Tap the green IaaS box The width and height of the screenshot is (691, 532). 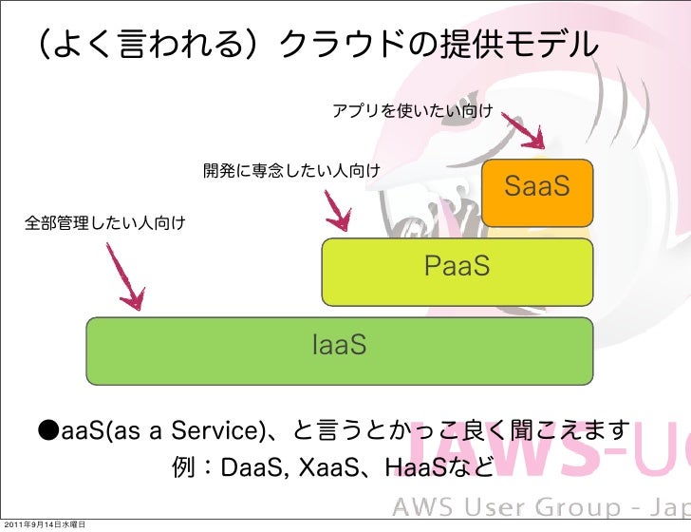pyautogui.click(x=340, y=349)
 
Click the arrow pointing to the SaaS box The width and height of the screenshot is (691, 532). pyautogui.click(x=523, y=129)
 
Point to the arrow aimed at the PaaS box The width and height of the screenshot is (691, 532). pyautogui.click(x=337, y=211)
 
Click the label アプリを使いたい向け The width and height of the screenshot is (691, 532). pyautogui.click(x=411, y=112)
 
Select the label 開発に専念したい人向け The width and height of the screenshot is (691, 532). pyautogui.click(x=291, y=171)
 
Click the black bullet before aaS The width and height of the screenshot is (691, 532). pyautogui.click(x=48, y=432)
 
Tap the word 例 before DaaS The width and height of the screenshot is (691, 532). pyautogui.click(x=184, y=469)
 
